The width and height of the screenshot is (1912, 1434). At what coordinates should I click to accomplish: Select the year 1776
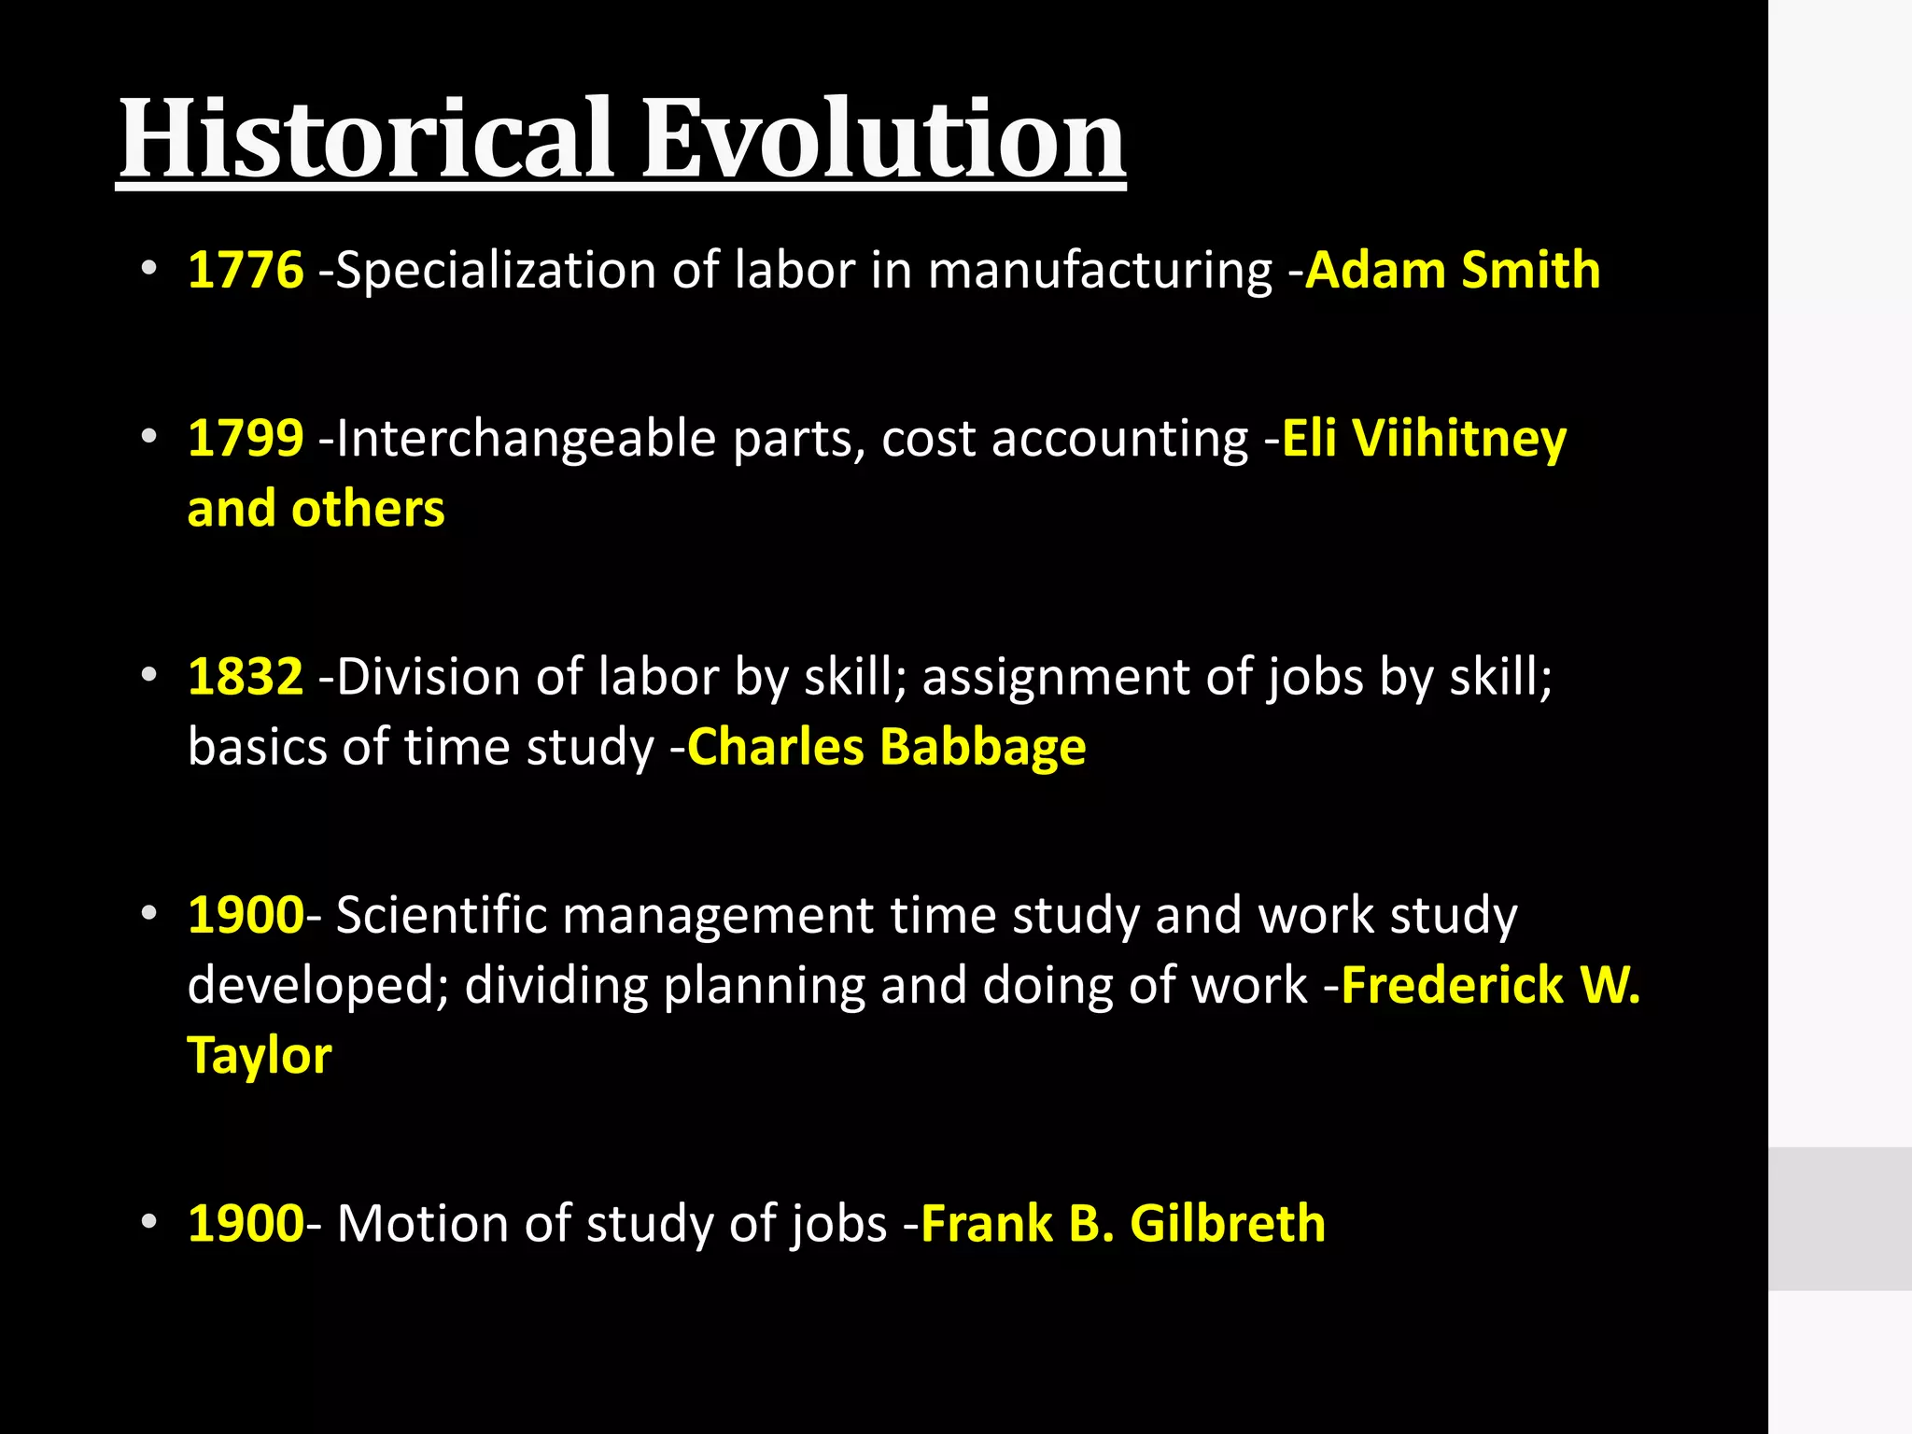coord(246,270)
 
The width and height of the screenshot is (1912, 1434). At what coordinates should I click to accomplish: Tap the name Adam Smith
coord(1453,270)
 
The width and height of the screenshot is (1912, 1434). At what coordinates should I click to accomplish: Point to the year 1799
coord(246,438)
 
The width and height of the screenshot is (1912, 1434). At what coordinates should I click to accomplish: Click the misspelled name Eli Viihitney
coord(1424,438)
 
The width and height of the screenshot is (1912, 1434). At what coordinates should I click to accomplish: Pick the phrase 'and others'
coord(316,509)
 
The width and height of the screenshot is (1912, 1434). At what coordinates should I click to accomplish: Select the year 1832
coord(246,676)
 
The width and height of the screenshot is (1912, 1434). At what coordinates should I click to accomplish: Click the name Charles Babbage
coord(886,747)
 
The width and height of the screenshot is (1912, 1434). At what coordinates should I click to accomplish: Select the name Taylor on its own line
coord(260,1056)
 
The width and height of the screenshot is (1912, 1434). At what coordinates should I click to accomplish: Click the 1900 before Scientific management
coord(246,915)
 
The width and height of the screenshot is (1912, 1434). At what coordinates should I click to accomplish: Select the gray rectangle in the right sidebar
coord(1839,1218)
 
